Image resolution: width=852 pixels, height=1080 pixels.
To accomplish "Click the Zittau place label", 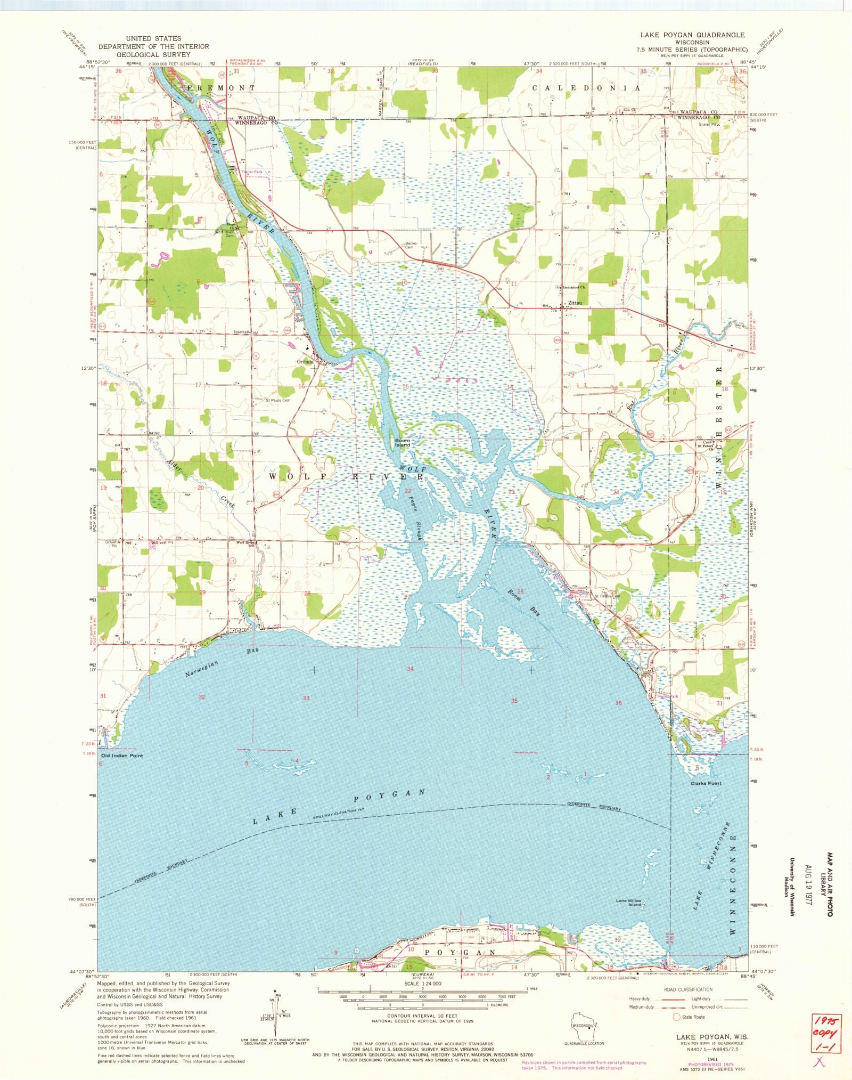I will click(x=575, y=303).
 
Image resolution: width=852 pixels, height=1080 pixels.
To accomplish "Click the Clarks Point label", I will click(x=706, y=783).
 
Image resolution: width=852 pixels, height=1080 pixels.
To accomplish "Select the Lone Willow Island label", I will click(x=629, y=902).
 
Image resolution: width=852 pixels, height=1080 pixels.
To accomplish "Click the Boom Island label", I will click(x=403, y=443).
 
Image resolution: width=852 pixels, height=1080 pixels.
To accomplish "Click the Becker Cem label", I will click(x=411, y=245).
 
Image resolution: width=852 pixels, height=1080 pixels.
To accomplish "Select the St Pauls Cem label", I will click(x=278, y=400).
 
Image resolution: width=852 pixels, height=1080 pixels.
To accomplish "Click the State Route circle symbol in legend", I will click(x=677, y=1017).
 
